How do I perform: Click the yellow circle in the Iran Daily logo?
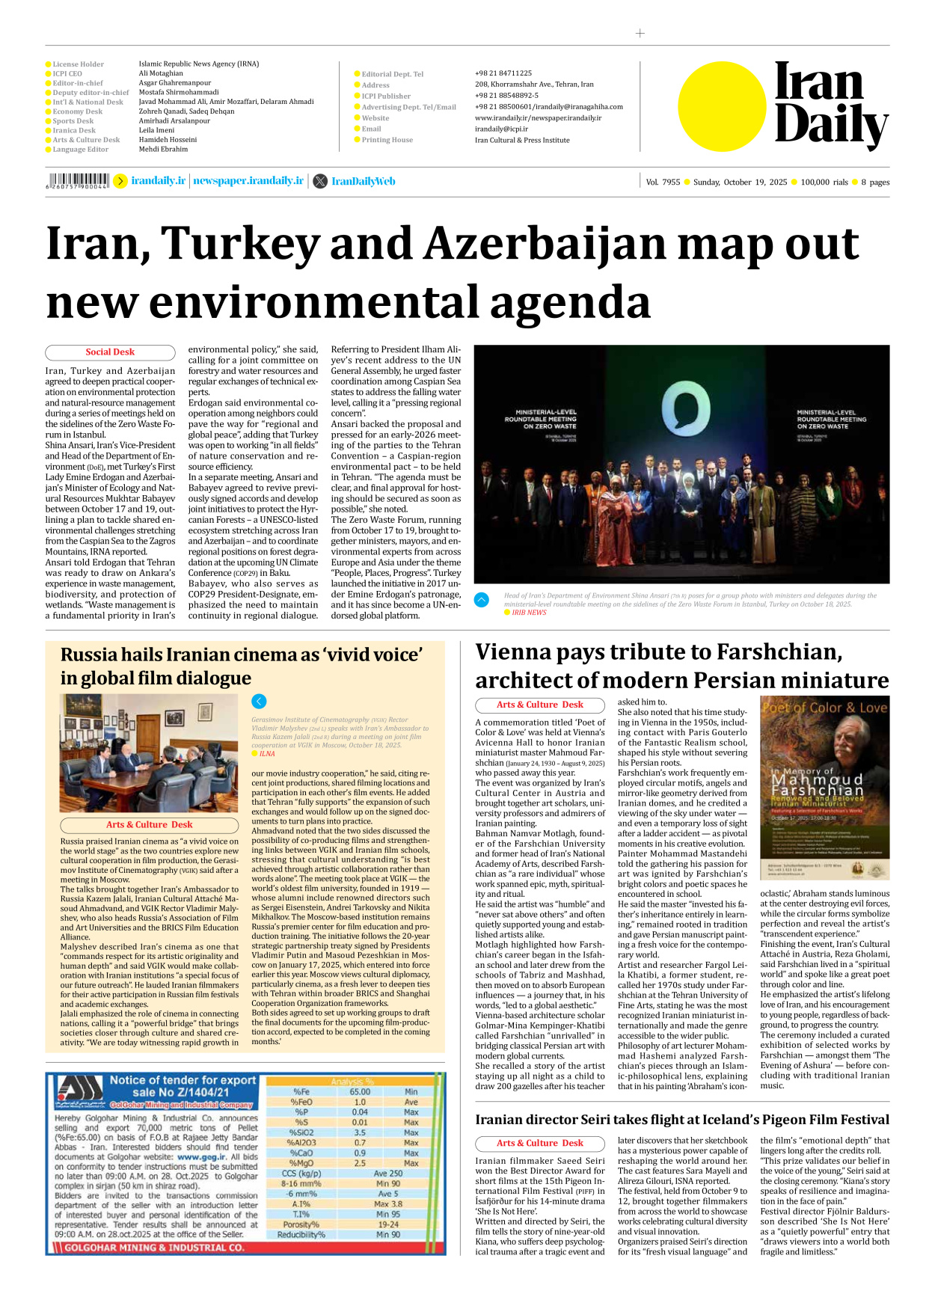pos(722,105)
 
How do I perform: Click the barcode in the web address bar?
pos(78,180)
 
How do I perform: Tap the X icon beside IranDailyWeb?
pos(320,181)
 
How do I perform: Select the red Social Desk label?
pos(110,352)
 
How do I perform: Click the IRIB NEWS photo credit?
pos(529,613)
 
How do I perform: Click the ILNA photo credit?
pos(267,754)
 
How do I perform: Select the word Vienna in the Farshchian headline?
pos(517,652)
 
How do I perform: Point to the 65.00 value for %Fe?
pos(360,1092)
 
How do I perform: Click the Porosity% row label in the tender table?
pos(301,1224)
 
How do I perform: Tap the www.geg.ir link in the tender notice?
pos(201,1156)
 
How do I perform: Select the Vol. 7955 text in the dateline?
pos(663,183)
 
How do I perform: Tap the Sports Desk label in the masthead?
pos(73,121)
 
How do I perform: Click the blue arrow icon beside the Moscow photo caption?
pos(259,701)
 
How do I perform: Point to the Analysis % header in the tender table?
pos(352,1082)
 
